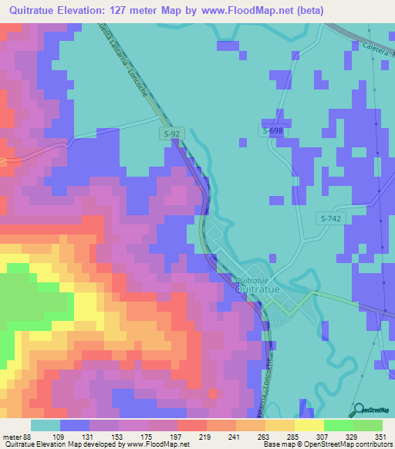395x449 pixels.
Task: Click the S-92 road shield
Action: click(x=171, y=134)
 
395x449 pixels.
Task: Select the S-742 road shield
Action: click(x=330, y=219)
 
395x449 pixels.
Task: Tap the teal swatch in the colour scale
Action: click(x=46, y=425)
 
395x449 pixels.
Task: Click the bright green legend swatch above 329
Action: click(x=338, y=425)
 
